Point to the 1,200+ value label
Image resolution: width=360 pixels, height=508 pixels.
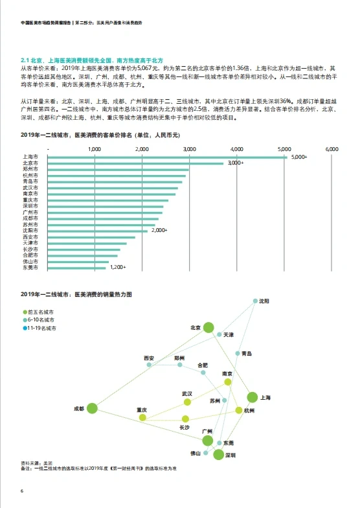click(117, 267)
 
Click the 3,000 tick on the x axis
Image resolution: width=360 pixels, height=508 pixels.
click(189, 150)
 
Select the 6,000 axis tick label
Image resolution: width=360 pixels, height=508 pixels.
click(332, 150)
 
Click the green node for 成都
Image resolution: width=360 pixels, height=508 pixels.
click(92, 408)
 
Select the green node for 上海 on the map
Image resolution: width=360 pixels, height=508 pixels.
click(252, 397)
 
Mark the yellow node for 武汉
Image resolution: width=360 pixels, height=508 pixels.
click(188, 402)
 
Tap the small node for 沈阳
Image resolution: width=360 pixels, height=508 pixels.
click(254, 301)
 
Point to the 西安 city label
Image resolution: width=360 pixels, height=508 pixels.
click(149, 358)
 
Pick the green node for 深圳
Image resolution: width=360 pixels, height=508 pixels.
click(218, 456)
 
